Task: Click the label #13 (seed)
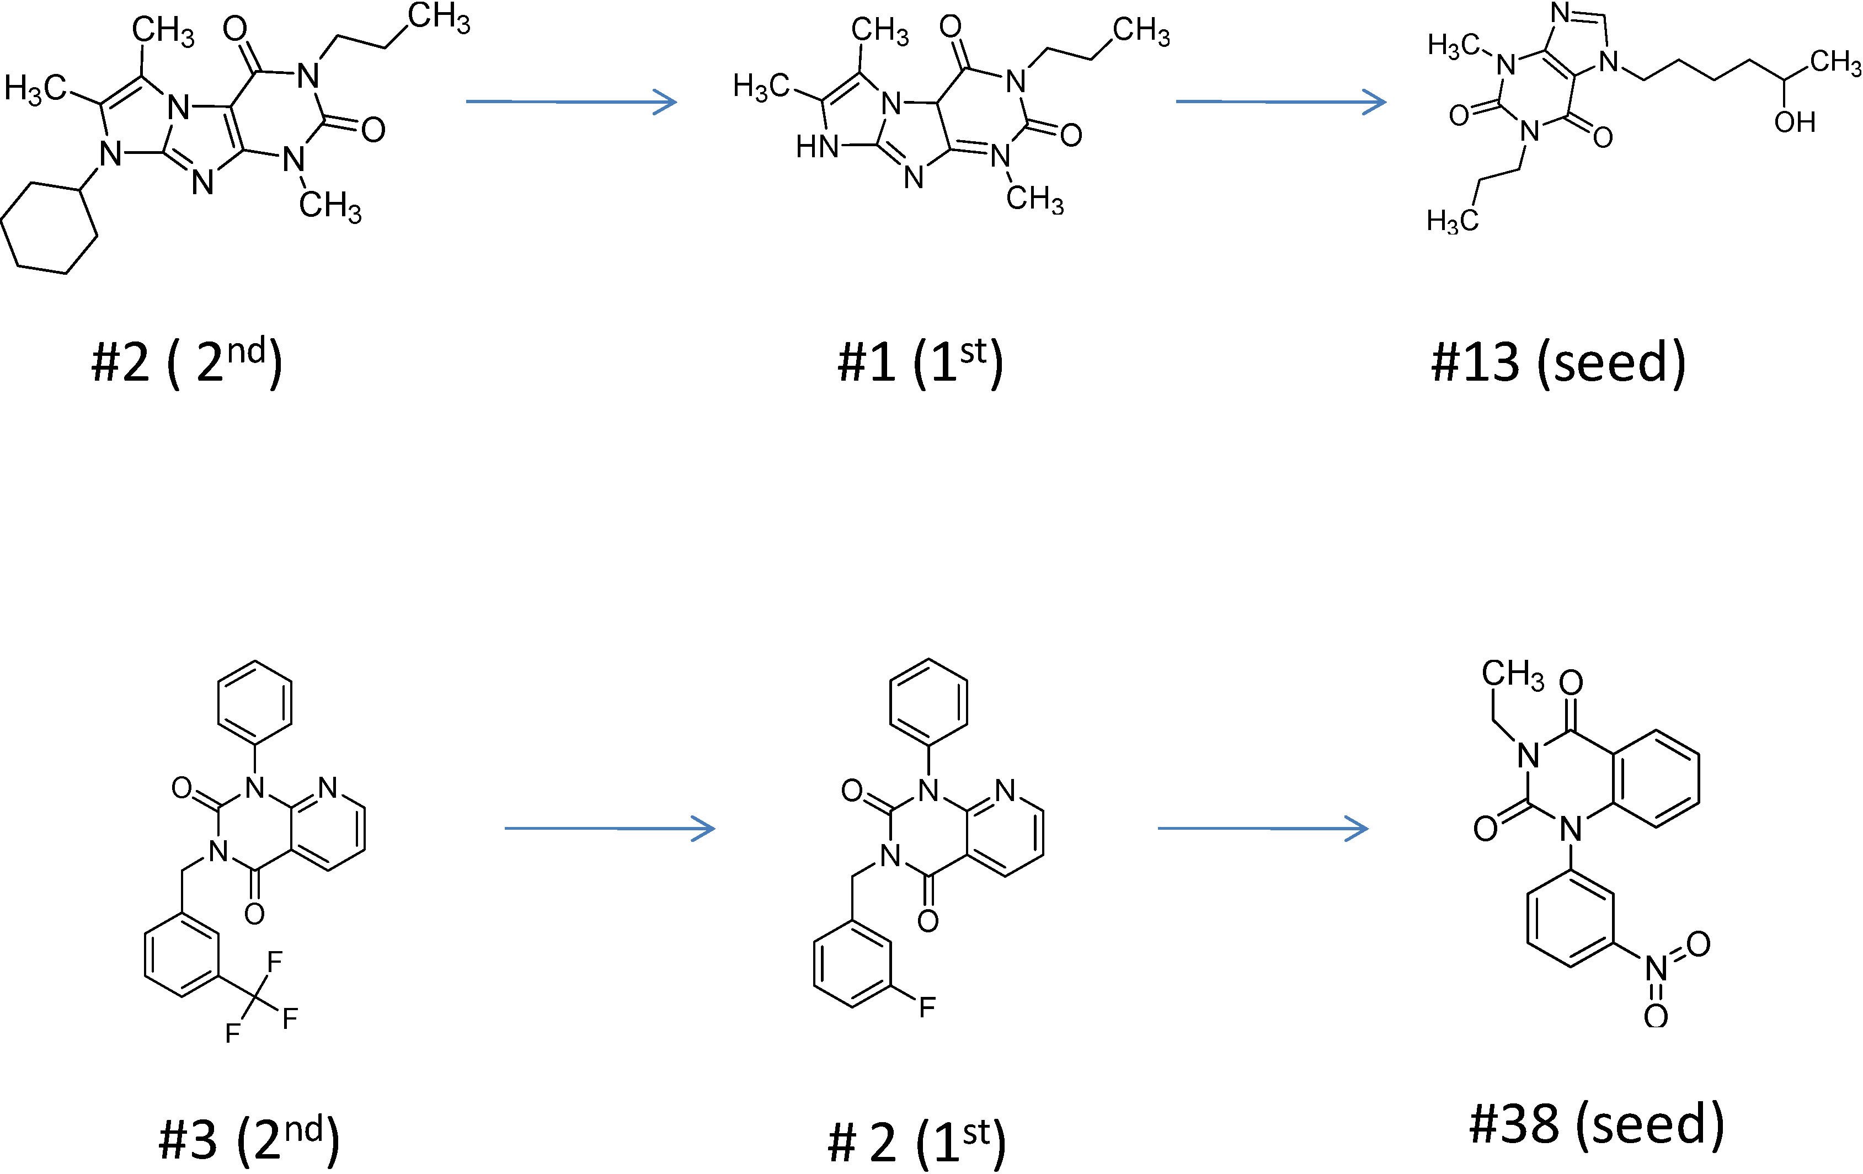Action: (x=1557, y=362)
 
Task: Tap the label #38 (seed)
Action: (x=1596, y=1124)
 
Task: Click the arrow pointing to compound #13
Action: (x=1280, y=102)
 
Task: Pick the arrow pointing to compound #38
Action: (x=1263, y=829)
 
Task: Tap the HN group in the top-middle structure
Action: (x=817, y=146)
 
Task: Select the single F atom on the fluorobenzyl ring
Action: (x=927, y=1007)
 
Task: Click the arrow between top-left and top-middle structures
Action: (x=571, y=102)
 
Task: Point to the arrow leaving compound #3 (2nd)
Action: (x=610, y=829)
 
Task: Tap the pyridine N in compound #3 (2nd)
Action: (x=328, y=788)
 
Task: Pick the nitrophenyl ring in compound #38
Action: (x=1571, y=919)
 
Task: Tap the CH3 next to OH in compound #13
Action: (x=1834, y=62)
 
